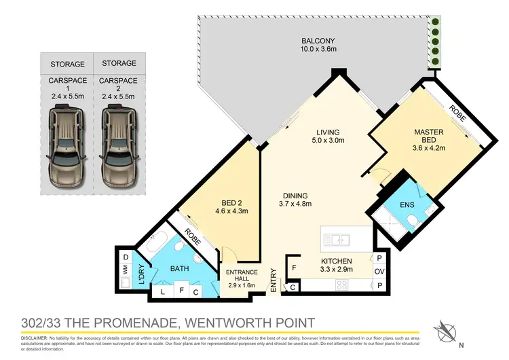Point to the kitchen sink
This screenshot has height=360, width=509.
pos(337,240)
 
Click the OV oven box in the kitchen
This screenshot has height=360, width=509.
pos(379,272)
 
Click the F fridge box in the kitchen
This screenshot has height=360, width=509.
pos(294,268)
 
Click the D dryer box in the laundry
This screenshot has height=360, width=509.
pos(126,257)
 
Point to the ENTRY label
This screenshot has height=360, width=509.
pos(274,281)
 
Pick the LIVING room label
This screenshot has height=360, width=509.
pos(327,132)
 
